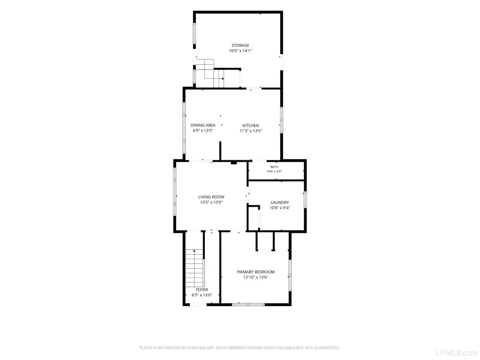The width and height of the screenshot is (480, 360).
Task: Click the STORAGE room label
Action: (240, 45)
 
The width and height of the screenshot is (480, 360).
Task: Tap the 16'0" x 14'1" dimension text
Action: (240, 51)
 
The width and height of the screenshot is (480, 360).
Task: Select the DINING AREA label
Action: (203, 125)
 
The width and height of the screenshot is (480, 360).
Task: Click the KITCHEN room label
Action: (251, 126)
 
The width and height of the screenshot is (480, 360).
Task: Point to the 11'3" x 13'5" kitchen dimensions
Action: (251, 131)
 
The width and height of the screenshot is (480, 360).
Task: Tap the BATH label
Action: (274, 167)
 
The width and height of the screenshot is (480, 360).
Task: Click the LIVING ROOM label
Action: (211, 197)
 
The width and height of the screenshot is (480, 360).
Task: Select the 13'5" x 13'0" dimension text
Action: (211, 202)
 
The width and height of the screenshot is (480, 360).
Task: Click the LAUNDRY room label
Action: (280, 202)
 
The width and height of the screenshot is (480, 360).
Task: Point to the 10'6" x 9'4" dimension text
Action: (280, 208)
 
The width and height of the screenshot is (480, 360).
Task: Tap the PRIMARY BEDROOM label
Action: (255, 272)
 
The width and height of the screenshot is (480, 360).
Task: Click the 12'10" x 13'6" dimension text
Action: (255, 277)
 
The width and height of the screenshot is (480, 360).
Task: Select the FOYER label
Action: (202, 290)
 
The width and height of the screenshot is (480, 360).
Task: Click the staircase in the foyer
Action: (195, 268)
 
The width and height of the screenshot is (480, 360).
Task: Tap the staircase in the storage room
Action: (210, 74)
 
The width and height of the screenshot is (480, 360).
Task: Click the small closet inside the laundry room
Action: (254, 218)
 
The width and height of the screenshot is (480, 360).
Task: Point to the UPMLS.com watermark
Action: (457, 352)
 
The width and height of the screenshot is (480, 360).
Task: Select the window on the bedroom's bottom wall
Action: (248, 304)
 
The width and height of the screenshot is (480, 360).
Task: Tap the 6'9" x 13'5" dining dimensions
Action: (203, 131)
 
